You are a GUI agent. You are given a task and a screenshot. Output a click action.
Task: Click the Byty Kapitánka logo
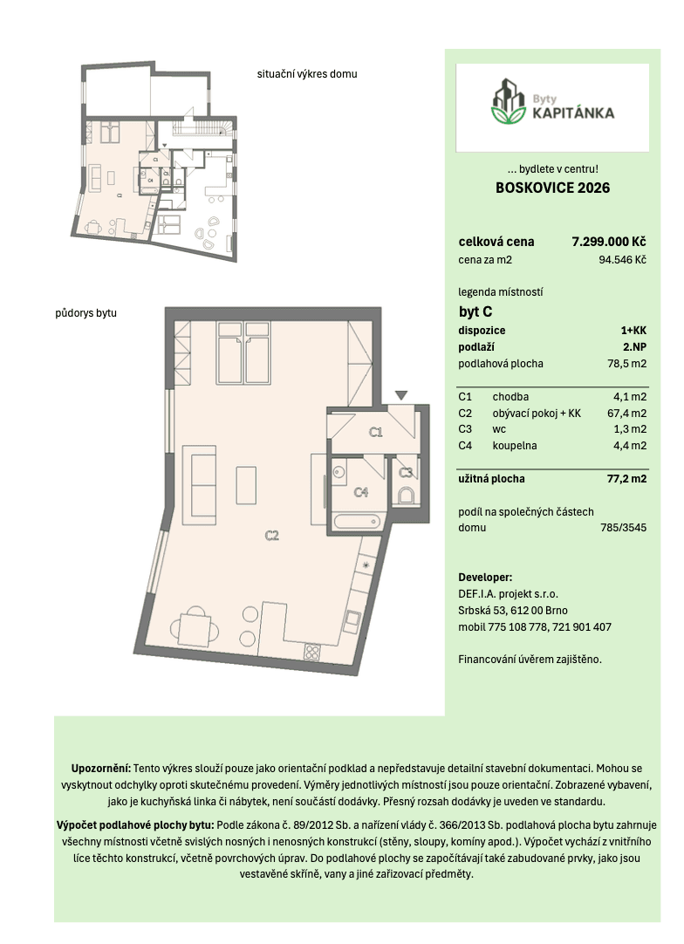click(x=551, y=106)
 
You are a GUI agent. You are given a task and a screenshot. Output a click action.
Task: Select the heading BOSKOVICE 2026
click(x=552, y=188)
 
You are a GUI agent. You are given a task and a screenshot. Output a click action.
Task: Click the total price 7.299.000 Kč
click(x=608, y=242)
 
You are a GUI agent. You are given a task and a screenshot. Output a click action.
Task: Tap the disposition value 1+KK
click(x=633, y=331)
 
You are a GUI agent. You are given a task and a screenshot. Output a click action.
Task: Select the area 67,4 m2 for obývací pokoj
click(x=626, y=414)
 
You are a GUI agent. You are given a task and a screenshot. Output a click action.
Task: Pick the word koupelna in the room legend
click(x=514, y=446)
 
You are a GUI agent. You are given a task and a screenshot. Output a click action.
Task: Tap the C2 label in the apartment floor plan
click(x=272, y=536)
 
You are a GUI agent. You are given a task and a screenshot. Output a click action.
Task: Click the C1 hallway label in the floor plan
click(x=376, y=432)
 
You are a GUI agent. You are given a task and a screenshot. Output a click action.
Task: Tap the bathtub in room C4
click(x=358, y=523)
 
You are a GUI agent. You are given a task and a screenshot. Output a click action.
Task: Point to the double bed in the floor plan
click(x=243, y=352)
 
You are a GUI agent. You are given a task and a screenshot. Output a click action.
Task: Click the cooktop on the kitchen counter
click(x=312, y=650)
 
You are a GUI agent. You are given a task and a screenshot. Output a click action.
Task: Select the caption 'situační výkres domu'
click(x=307, y=74)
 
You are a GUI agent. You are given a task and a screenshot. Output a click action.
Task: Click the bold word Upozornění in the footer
click(x=101, y=769)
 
